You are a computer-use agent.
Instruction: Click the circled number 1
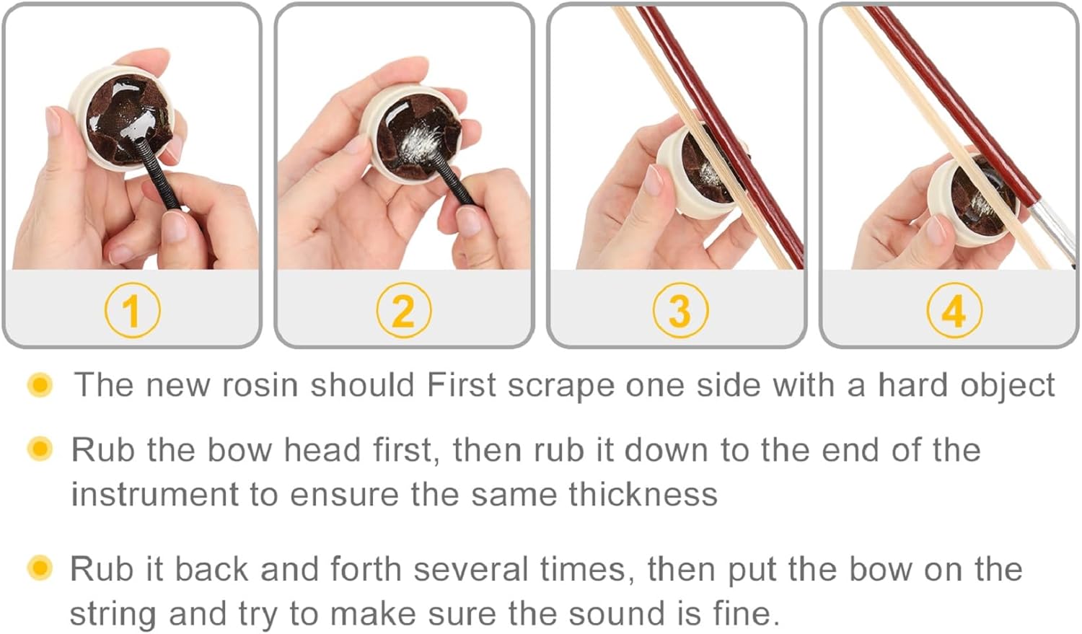coord(132,310)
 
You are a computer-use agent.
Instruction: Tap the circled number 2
coord(404,310)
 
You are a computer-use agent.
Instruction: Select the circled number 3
coord(680,310)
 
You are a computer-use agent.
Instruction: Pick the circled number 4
coord(954,310)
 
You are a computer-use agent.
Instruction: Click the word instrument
coord(155,495)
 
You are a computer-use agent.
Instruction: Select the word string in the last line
coord(113,615)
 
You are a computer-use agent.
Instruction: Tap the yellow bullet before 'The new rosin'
coord(40,385)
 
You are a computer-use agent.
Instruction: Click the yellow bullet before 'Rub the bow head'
coord(40,449)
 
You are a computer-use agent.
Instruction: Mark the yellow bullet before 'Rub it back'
coord(40,568)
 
